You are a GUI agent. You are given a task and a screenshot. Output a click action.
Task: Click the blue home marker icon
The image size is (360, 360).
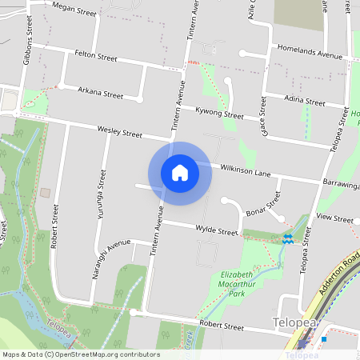180,173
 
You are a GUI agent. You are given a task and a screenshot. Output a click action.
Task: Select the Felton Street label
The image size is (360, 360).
96,58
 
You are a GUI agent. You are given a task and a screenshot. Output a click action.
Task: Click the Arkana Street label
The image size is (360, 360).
102,94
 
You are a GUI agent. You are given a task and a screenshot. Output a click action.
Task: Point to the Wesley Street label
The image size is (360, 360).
120,130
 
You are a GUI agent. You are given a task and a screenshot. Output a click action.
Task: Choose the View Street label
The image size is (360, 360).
334,218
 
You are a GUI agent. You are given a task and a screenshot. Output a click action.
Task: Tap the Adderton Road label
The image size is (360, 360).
336,276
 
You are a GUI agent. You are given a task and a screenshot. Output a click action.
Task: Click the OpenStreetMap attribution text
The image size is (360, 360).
81,354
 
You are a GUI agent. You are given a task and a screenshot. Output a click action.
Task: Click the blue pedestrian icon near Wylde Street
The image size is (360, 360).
288,238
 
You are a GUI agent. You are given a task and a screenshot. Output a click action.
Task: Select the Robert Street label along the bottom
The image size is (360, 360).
222,326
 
